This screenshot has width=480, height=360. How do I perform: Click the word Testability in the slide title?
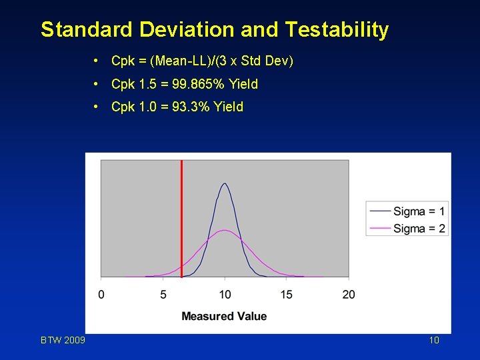click(337, 30)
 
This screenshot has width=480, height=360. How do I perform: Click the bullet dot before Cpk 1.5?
click(97, 84)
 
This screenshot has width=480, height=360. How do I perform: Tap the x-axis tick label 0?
click(101, 295)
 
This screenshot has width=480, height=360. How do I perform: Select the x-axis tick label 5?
click(163, 295)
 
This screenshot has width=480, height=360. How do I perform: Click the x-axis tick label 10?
click(225, 295)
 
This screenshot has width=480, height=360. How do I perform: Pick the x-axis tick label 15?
click(287, 295)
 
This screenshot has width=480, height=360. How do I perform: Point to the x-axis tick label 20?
click(349, 295)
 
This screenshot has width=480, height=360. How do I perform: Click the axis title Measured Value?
click(224, 316)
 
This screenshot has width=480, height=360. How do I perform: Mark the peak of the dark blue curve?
click(225, 183)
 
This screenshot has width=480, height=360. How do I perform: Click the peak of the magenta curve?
click(225, 231)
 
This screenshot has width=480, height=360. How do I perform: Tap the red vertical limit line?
click(181, 220)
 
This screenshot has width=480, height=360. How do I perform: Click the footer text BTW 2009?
click(63, 341)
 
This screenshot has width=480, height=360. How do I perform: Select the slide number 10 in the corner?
click(434, 341)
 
